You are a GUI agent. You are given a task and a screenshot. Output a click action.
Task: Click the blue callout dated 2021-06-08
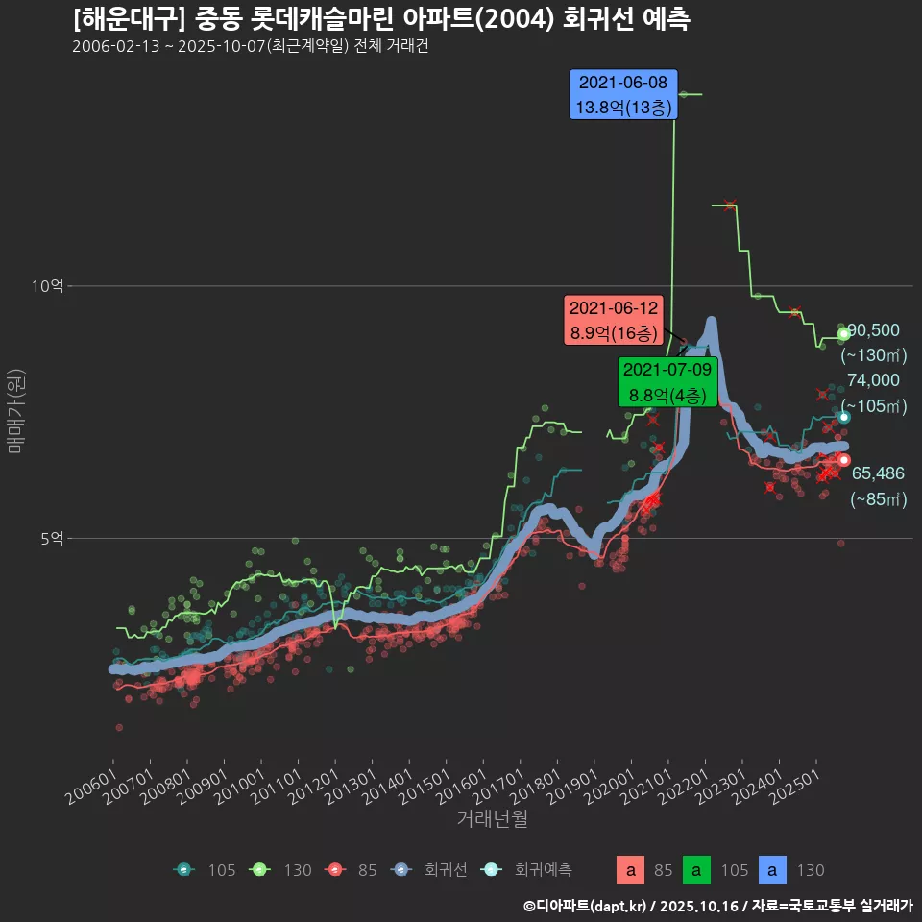(624, 94)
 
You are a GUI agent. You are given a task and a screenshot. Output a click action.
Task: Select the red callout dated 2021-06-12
(614, 321)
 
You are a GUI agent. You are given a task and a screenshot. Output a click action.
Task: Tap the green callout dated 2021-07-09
(667, 381)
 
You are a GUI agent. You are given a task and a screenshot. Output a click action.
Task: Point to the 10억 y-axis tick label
(47, 286)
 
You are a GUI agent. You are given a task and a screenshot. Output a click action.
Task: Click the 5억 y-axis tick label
(52, 539)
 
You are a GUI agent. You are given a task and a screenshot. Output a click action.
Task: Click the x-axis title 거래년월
(492, 819)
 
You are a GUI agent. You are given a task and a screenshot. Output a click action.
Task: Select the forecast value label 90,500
(873, 330)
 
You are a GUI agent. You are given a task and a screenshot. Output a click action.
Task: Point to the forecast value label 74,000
(873, 380)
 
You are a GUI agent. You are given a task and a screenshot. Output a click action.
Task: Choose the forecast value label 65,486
(878, 473)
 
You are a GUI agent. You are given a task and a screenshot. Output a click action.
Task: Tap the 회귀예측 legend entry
(527, 870)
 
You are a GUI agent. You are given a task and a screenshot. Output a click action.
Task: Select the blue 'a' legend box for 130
(775, 870)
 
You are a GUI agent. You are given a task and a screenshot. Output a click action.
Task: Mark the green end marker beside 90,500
(843, 333)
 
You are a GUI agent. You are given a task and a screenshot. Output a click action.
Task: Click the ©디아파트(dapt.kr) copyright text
(586, 905)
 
